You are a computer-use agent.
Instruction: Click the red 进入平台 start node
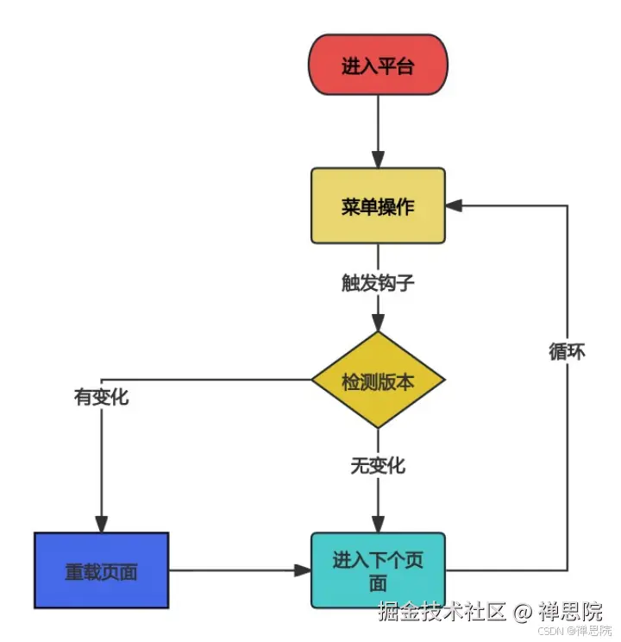(x=378, y=65)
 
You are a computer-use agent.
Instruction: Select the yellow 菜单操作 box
(x=378, y=206)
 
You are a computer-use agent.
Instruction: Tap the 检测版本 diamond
(x=378, y=380)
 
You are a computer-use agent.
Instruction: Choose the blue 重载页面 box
(x=101, y=570)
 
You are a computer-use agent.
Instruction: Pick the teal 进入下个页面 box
(x=378, y=570)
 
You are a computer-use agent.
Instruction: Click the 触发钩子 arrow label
(x=378, y=281)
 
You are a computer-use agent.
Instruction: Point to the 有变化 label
(x=101, y=398)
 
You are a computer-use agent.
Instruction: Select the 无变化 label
(x=378, y=465)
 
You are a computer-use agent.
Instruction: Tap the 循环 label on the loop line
(x=567, y=352)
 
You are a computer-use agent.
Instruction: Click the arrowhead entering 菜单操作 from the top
(x=378, y=160)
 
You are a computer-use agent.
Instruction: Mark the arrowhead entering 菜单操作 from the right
(x=454, y=205)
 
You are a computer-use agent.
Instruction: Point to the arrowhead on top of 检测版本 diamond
(x=378, y=324)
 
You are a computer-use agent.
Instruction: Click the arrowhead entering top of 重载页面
(x=101, y=524)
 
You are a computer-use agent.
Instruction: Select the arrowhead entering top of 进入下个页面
(x=378, y=524)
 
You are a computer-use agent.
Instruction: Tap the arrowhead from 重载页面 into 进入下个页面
(x=303, y=570)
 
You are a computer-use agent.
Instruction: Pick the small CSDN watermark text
(x=549, y=632)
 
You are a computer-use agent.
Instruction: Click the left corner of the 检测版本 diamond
(x=313, y=380)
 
